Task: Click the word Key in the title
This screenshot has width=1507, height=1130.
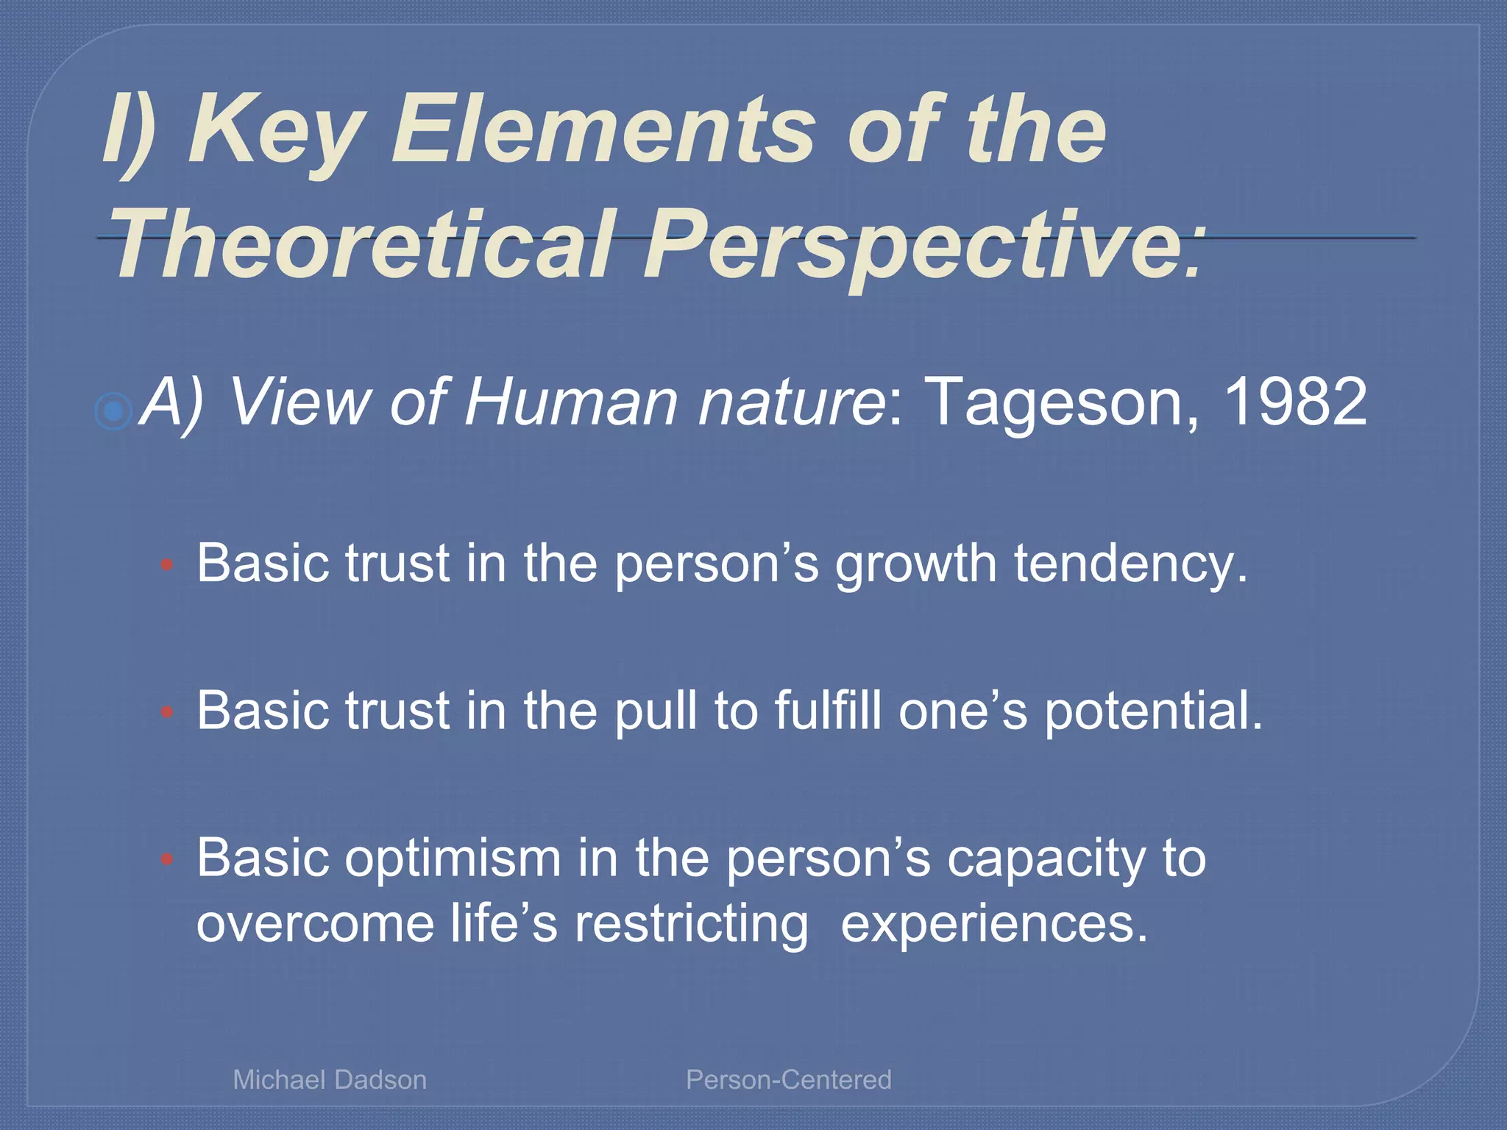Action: click(276, 132)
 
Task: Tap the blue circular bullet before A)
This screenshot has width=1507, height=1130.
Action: click(114, 411)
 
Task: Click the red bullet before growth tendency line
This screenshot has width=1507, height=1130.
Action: click(167, 565)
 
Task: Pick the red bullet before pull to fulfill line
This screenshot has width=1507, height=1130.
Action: click(167, 712)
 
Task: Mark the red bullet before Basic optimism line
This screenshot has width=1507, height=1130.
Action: click(167, 859)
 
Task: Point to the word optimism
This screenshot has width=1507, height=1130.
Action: click(453, 859)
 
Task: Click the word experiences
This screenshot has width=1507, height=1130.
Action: click(993, 924)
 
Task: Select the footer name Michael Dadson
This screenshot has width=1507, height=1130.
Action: click(330, 1080)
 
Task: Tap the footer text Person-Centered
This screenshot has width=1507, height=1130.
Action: click(788, 1080)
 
